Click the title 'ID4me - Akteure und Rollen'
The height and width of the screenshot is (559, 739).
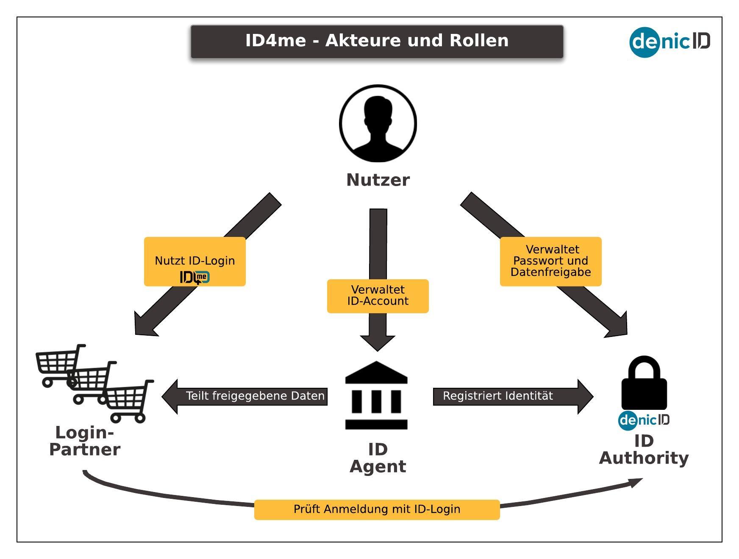(x=377, y=41)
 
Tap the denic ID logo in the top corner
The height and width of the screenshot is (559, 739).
(x=670, y=42)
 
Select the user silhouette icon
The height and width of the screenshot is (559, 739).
(x=378, y=123)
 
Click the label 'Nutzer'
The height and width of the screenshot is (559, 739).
(x=378, y=180)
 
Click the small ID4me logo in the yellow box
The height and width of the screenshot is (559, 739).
(x=195, y=278)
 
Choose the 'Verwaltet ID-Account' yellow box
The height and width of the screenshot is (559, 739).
(x=378, y=296)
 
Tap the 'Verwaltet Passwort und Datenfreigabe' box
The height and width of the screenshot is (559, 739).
(x=550, y=261)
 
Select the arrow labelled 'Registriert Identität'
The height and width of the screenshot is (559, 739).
(x=512, y=396)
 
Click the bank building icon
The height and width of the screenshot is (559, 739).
(x=376, y=395)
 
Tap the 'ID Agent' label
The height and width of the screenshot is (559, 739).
(x=378, y=458)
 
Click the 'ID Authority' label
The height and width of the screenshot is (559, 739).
(x=644, y=450)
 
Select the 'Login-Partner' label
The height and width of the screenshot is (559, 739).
(x=85, y=441)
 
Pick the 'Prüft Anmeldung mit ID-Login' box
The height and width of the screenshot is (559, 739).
(x=377, y=509)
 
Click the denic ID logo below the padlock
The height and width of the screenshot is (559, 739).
(x=644, y=420)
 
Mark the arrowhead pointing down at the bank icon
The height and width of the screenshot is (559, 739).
(x=378, y=343)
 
